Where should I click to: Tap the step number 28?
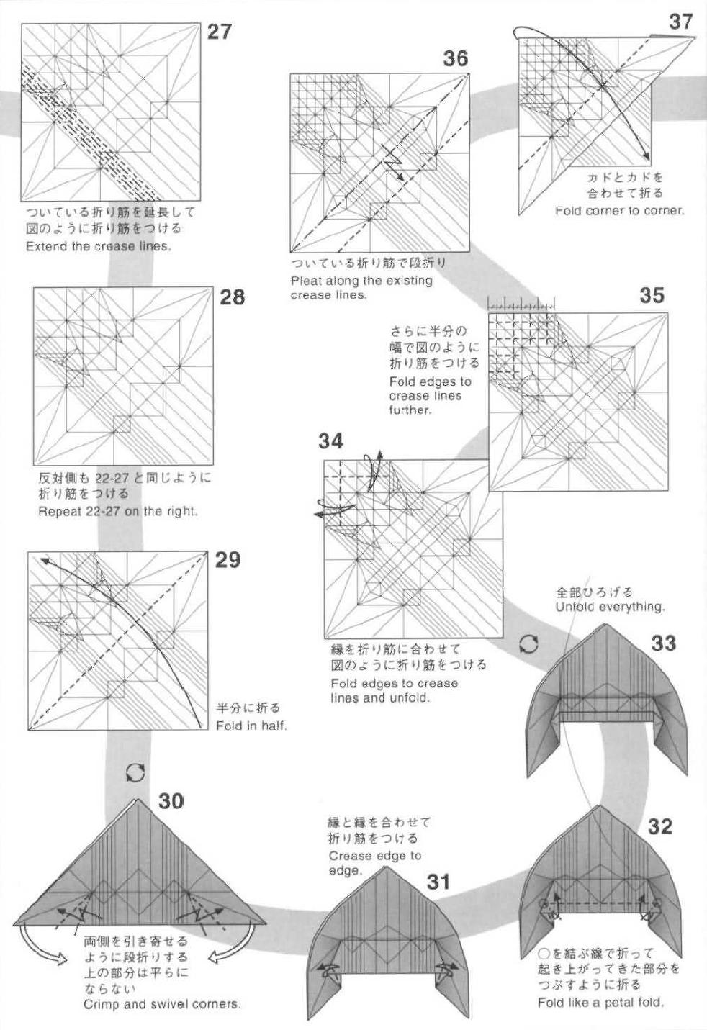pyautogui.click(x=232, y=297)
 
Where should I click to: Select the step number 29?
pyautogui.click(x=228, y=560)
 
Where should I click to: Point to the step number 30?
pyautogui.click(x=171, y=800)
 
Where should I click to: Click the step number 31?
pyautogui.click(x=438, y=881)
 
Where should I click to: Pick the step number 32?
pyautogui.click(x=659, y=826)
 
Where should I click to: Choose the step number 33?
pyautogui.click(x=664, y=642)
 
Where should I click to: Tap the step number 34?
pyautogui.click(x=331, y=441)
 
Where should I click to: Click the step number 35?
pyautogui.click(x=652, y=295)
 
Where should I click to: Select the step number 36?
pyautogui.click(x=456, y=58)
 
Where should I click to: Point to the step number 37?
pyautogui.click(x=680, y=22)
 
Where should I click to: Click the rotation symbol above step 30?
pyautogui.click(x=135, y=773)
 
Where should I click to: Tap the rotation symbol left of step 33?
pyautogui.click(x=528, y=643)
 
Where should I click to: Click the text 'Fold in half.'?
pyautogui.click(x=251, y=726)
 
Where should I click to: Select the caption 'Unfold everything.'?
pyautogui.click(x=610, y=607)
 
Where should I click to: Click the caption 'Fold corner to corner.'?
pyautogui.click(x=619, y=211)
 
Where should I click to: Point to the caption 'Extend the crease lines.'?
pyautogui.click(x=98, y=246)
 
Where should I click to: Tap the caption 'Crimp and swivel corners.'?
pyautogui.click(x=162, y=1004)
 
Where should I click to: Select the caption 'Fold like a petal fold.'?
pyautogui.click(x=600, y=1002)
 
